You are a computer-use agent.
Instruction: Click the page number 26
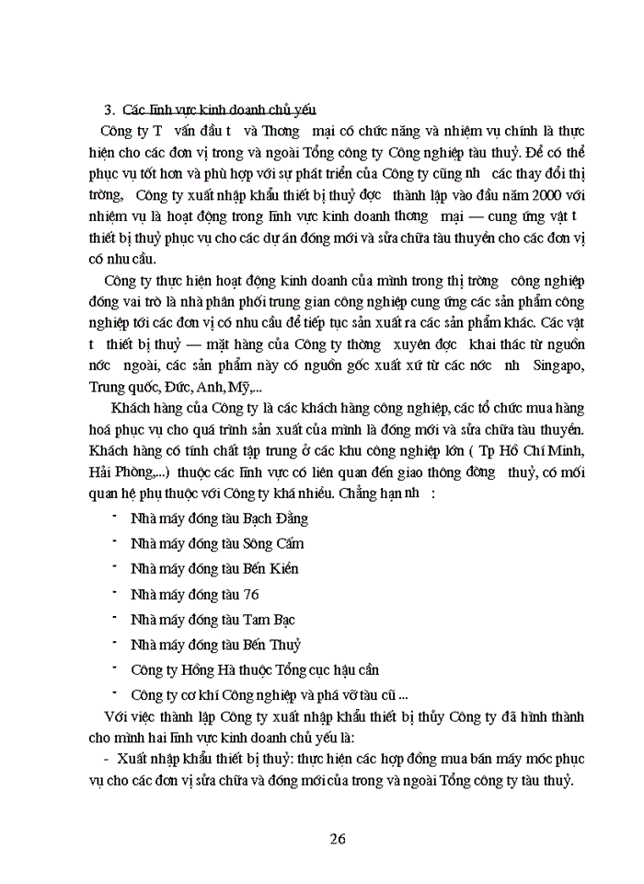point(337,838)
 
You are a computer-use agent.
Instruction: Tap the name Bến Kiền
point(270,569)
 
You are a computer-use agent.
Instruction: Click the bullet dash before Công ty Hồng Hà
point(114,668)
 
